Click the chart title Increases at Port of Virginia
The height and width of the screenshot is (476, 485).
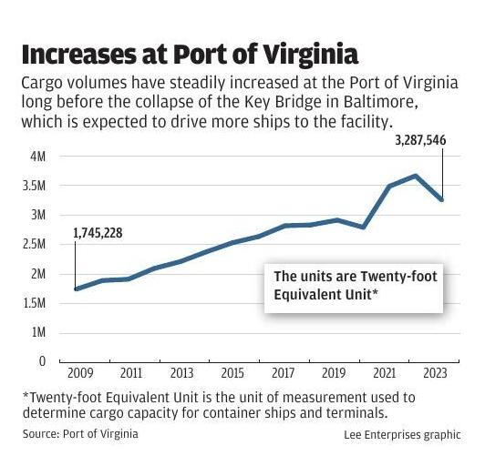click(190, 51)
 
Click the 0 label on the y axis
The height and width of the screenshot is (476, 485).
click(41, 361)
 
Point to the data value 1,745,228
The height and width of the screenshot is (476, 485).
click(97, 234)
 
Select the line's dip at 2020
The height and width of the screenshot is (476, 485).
click(364, 227)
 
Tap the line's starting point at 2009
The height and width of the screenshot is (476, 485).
click(76, 289)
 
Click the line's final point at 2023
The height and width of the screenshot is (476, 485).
click(442, 199)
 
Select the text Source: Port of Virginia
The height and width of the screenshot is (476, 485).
click(80, 434)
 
